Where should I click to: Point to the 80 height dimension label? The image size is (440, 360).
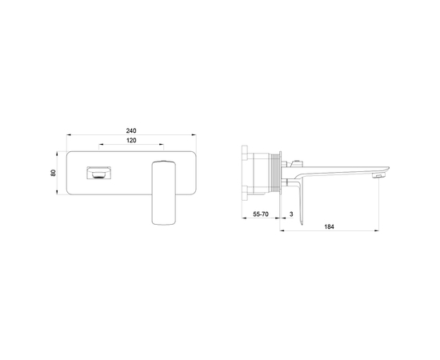54,173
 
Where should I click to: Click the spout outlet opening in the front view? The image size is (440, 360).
100,172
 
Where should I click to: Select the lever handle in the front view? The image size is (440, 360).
163,192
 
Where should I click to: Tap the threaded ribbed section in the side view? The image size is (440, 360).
276,173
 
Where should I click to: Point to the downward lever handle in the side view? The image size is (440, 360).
297,204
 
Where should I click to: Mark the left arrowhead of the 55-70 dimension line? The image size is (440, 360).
244,221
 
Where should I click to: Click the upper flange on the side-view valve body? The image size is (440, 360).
246,152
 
